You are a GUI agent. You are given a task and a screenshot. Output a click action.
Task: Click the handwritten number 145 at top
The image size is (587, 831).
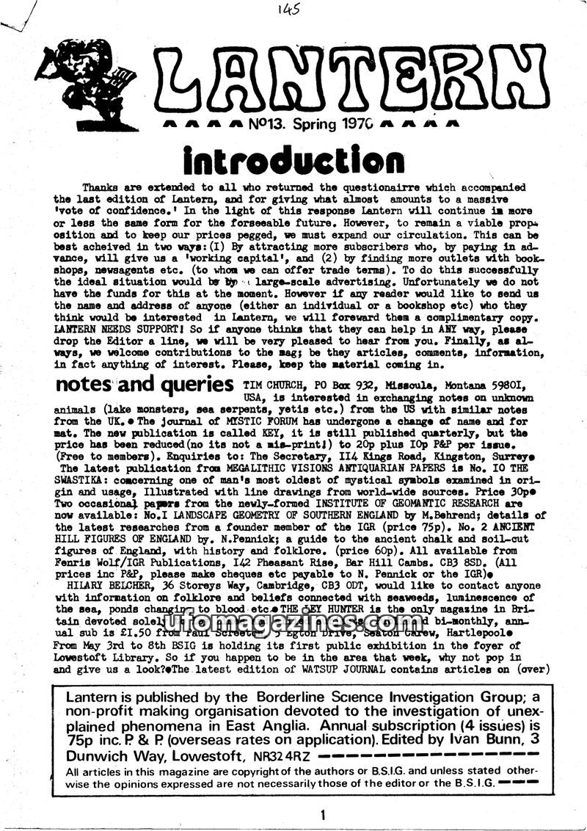tap(289, 11)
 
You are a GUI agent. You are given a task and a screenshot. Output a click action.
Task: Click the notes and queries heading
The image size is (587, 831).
tap(144, 385)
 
